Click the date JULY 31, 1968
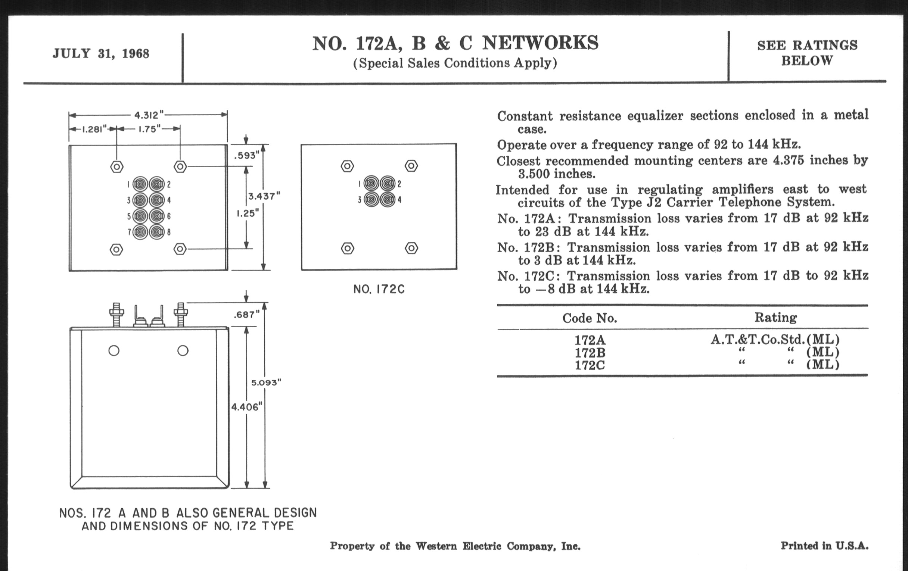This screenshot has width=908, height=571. click(101, 53)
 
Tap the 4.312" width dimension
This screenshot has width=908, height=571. click(149, 115)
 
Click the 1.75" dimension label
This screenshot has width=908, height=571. click(150, 129)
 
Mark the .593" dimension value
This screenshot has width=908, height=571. click(247, 155)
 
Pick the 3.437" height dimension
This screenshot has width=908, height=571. click(264, 196)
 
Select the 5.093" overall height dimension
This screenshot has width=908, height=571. click(266, 383)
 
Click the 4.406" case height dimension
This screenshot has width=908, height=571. click(247, 407)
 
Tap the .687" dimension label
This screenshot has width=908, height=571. click(247, 315)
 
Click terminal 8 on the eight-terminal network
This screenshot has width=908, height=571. click(157, 232)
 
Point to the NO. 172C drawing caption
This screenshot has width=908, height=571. click(379, 290)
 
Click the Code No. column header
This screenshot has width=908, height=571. click(590, 318)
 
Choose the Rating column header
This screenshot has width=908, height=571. click(775, 318)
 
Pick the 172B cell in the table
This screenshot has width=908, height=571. click(590, 353)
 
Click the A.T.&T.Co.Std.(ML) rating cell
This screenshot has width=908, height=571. click(775, 340)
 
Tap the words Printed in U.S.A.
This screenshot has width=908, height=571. click(824, 546)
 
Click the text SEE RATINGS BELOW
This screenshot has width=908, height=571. click(807, 53)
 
